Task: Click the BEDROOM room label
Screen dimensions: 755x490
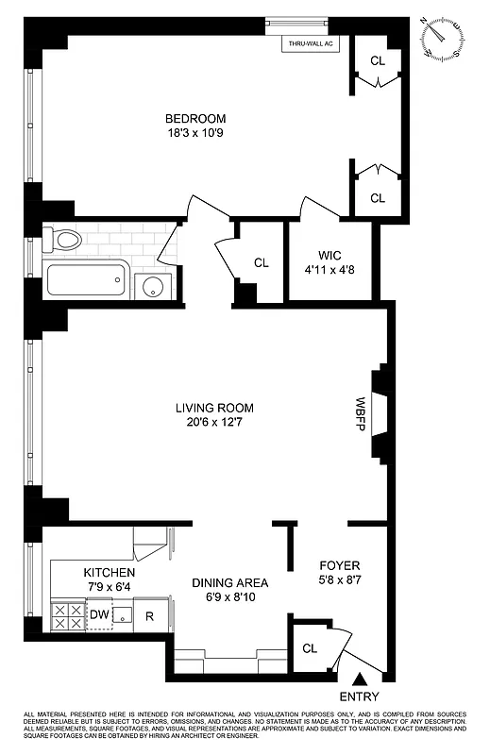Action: [195, 118]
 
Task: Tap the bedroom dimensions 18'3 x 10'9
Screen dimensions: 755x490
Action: [195, 134]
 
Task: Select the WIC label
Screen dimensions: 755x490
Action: [329, 254]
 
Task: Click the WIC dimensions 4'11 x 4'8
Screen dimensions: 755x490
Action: [329, 270]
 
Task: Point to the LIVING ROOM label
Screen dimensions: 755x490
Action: [214, 408]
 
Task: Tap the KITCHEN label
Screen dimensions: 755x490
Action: [110, 573]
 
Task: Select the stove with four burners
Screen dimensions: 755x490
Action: [66, 616]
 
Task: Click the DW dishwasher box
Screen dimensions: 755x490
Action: [100, 615]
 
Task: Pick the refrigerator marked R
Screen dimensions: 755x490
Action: [150, 616]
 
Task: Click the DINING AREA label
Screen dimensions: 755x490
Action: [230, 582]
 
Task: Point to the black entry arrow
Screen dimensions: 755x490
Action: [360, 678]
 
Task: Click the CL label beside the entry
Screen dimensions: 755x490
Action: [310, 648]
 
